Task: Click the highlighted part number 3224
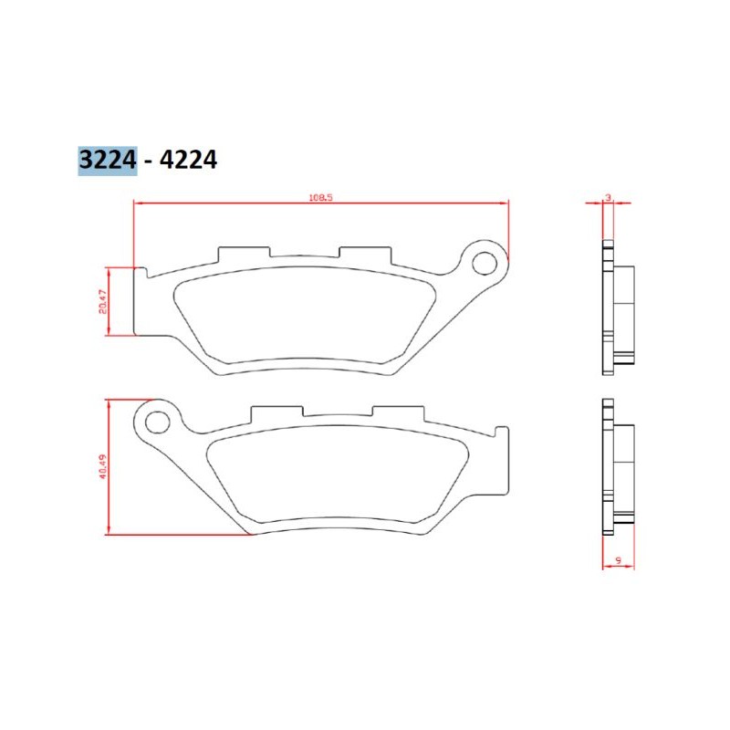click(107, 161)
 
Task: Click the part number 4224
click(188, 161)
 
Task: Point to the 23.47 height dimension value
click(103, 301)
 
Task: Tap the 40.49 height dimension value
click(103, 466)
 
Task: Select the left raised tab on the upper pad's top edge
click(244, 254)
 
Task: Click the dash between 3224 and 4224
click(148, 162)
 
